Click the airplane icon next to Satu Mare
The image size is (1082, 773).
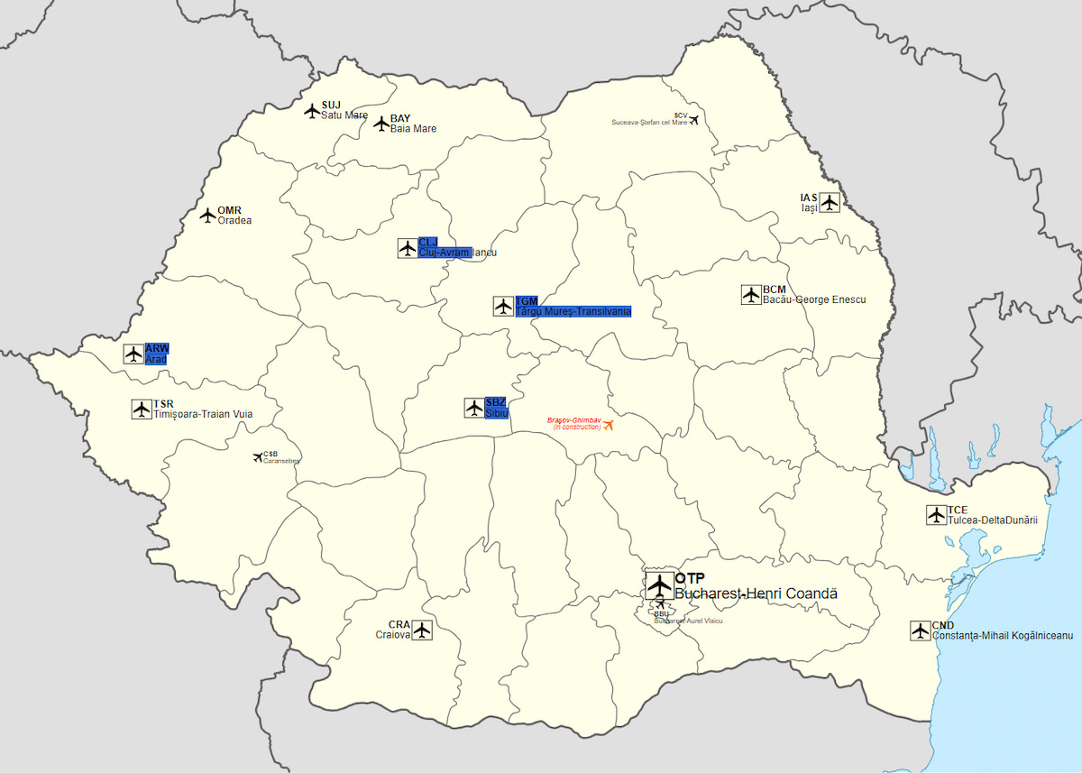(x=312, y=111)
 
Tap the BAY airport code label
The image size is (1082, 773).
(x=400, y=118)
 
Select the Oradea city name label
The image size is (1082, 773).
(x=234, y=220)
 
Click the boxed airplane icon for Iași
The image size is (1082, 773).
(x=829, y=202)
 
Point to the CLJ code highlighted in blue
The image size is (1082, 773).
(x=427, y=242)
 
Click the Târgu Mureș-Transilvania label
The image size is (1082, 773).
(x=573, y=311)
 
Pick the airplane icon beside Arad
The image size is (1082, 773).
(x=133, y=354)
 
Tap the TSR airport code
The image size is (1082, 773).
(x=163, y=403)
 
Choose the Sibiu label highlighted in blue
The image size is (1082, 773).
(x=497, y=413)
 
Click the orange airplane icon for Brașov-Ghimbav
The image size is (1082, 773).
(x=608, y=425)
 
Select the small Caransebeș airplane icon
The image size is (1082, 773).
(x=258, y=457)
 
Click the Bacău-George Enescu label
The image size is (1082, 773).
(x=813, y=299)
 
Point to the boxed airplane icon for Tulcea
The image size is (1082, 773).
(x=936, y=515)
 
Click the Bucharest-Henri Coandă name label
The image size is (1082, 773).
(x=756, y=594)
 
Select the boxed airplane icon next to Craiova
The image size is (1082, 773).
(x=422, y=630)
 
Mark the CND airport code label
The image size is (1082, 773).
(x=943, y=625)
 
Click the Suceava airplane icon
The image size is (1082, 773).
(x=692, y=119)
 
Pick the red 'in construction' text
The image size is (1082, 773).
(x=576, y=427)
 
